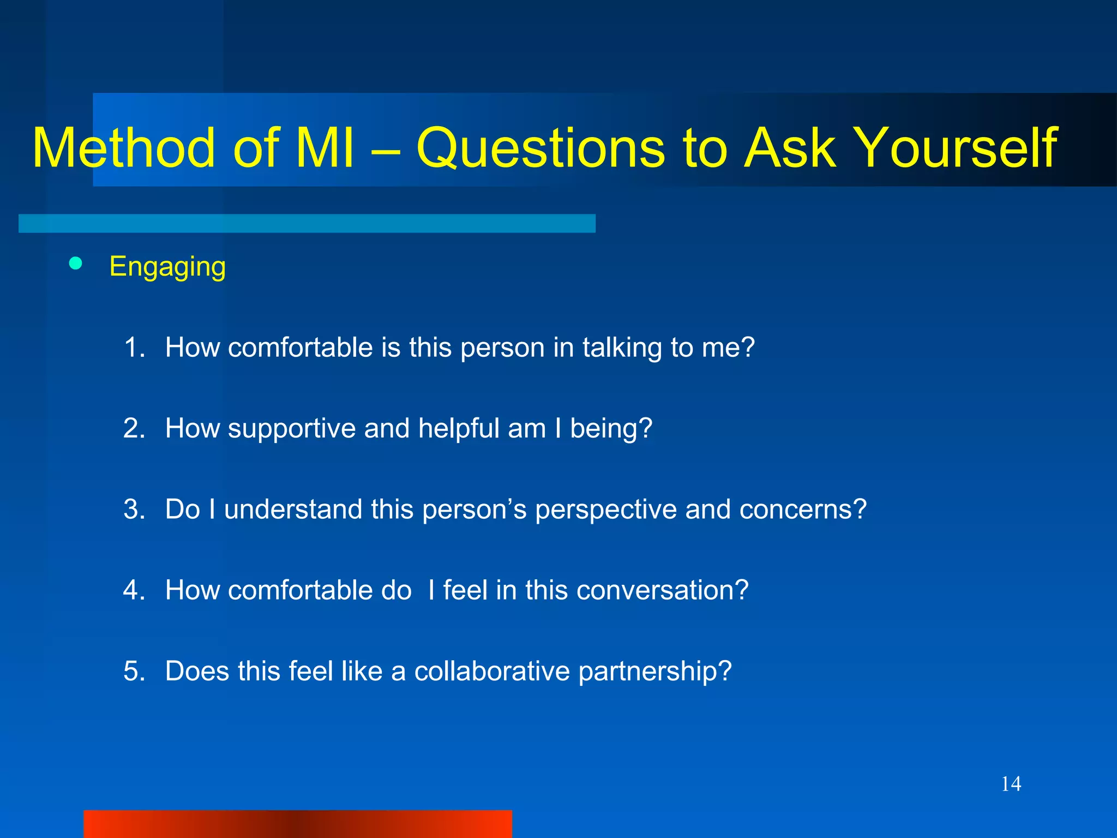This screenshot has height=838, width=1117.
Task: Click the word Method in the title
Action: [x=124, y=148]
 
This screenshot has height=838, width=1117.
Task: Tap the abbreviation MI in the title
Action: [x=325, y=148]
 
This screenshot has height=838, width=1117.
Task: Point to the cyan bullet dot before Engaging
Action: [x=76, y=264]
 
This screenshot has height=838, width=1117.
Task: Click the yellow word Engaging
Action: [x=167, y=267]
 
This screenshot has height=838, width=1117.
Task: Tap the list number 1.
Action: [x=134, y=348]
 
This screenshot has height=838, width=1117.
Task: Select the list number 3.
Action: [x=134, y=510]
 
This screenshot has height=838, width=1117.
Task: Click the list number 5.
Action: [x=134, y=671]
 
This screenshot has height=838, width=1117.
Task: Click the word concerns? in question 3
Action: [x=803, y=510]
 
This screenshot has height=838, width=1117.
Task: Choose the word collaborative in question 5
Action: [x=492, y=671]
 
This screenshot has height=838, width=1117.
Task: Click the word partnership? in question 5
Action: [x=654, y=672]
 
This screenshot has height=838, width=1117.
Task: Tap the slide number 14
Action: [x=1011, y=784]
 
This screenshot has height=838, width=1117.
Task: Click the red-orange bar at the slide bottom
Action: [x=297, y=824]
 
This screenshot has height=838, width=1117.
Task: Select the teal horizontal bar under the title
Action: [x=307, y=223]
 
